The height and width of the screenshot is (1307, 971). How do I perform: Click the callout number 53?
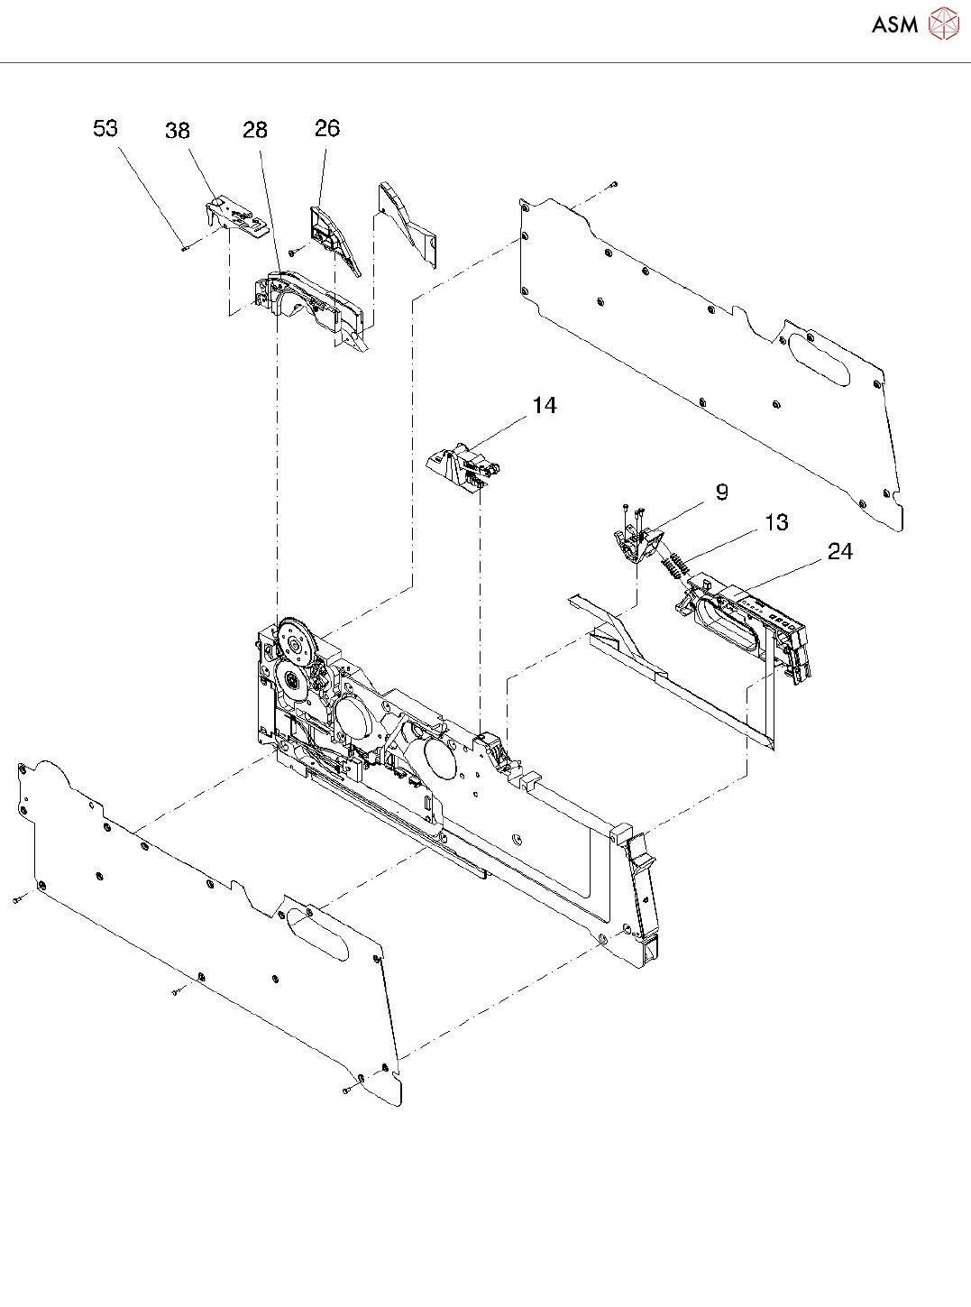point(105,128)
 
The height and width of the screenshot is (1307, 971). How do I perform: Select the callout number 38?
point(178,131)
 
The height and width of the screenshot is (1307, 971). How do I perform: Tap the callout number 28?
point(255,130)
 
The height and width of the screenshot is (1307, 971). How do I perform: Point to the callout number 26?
point(327,128)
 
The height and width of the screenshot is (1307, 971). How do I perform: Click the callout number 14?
point(545,406)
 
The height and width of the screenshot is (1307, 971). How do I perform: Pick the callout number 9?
point(721,492)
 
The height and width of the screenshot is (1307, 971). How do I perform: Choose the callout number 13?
point(776,523)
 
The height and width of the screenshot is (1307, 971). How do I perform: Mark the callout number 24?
point(840,551)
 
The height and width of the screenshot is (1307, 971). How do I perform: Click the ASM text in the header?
point(894,25)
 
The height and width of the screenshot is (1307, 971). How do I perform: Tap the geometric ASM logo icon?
point(943,24)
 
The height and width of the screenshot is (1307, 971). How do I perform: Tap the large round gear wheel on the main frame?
point(298,644)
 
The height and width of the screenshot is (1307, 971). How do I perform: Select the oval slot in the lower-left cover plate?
point(317,935)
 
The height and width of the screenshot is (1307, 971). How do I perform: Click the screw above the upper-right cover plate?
point(613,185)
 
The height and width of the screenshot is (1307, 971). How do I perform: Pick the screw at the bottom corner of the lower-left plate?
point(347,1091)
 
